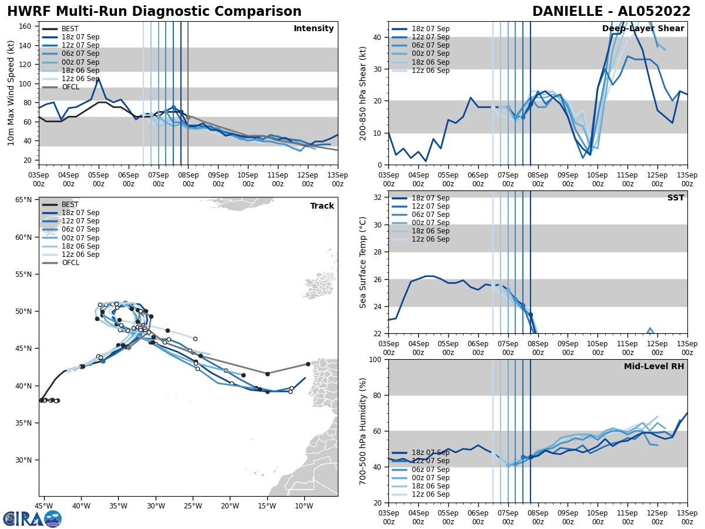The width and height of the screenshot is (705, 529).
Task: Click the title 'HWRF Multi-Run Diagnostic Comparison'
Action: click(154, 12)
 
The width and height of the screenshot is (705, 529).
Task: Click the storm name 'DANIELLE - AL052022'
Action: click(611, 12)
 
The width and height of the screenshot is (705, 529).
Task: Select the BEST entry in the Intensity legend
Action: click(69, 29)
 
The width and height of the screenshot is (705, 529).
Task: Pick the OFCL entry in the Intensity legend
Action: click(69, 87)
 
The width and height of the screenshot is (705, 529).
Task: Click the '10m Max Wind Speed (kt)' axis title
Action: click(11, 93)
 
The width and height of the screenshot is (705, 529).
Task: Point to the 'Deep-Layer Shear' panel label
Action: click(643, 29)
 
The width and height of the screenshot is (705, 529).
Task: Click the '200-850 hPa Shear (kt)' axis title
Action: click(363, 93)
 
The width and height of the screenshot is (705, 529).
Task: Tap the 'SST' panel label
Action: click(675, 198)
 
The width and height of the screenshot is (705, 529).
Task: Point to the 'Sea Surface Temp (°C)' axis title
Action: click(363, 262)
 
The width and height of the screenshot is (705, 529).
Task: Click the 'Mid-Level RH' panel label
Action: click(654, 367)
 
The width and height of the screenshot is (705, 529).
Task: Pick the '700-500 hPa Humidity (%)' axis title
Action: click(363, 431)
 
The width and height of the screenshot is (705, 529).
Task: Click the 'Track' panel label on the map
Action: click(322, 206)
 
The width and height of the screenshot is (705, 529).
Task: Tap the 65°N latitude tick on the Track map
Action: click(23, 200)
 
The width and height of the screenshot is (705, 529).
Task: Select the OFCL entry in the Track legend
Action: click(69, 263)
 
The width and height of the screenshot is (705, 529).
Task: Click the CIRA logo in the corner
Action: click(32, 519)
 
